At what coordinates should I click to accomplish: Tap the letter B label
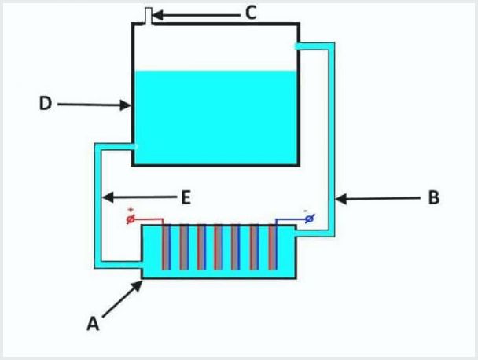point(433,198)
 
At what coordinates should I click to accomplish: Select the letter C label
point(251,13)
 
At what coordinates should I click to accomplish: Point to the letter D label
point(46,104)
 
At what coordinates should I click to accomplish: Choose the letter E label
point(186,197)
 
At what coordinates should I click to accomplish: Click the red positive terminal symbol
point(132,220)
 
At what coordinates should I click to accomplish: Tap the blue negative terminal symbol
point(309,220)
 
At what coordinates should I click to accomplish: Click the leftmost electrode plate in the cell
point(166,248)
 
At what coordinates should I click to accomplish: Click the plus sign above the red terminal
point(131,210)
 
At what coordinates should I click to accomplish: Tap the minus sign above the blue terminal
point(306,211)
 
